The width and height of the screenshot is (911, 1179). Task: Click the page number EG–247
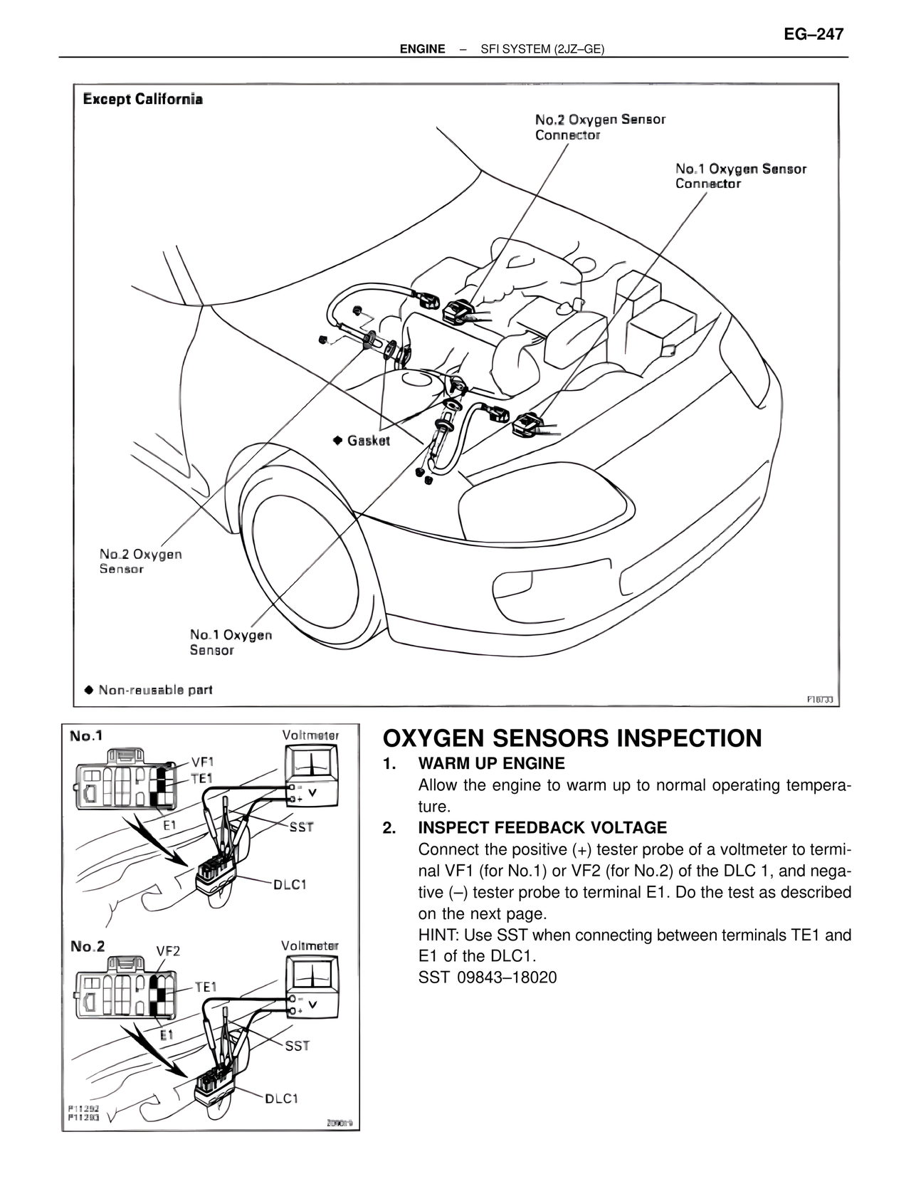pyautogui.click(x=813, y=34)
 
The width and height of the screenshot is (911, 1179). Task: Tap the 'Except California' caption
pyautogui.click(x=143, y=99)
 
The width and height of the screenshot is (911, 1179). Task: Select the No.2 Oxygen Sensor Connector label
pyautogui.click(x=599, y=127)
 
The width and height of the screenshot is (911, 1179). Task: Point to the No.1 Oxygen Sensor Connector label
pyautogui.click(x=740, y=176)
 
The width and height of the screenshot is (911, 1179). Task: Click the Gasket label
pyautogui.click(x=367, y=441)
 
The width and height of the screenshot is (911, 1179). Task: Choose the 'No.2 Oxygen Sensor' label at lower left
pyautogui.click(x=140, y=561)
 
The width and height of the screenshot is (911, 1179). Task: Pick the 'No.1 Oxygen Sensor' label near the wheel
pyautogui.click(x=231, y=641)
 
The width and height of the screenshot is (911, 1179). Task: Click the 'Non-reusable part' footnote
pyautogui.click(x=154, y=689)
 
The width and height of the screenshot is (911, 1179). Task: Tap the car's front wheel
pyautogui.click(x=307, y=562)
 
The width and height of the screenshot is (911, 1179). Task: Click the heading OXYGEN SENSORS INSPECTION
pyautogui.click(x=572, y=738)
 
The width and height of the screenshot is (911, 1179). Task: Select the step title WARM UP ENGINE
pyautogui.click(x=491, y=764)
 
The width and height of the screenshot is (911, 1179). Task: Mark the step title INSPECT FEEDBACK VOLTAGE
pyautogui.click(x=542, y=828)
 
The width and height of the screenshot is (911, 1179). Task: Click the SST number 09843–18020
pyautogui.click(x=488, y=978)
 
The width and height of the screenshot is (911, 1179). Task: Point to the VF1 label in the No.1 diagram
pyautogui.click(x=202, y=760)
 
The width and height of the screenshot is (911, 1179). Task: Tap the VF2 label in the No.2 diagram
pyautogui.click(x=168, y=951)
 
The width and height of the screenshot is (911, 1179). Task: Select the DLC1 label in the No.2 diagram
pyautogui.click(x=281, y=1099)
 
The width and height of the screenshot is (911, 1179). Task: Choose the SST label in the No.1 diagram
pyautogui.click(x=301, y=827)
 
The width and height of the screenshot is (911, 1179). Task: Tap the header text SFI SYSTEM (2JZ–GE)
pyautogui.click(x=542, y=49)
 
